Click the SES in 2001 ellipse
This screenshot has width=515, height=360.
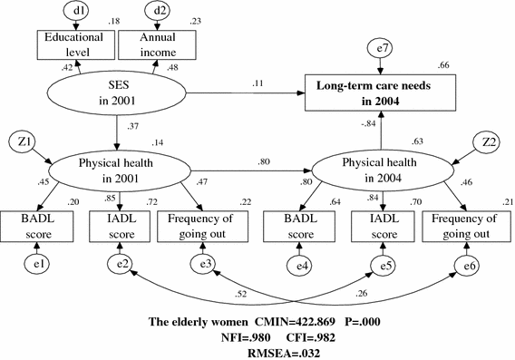117,92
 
